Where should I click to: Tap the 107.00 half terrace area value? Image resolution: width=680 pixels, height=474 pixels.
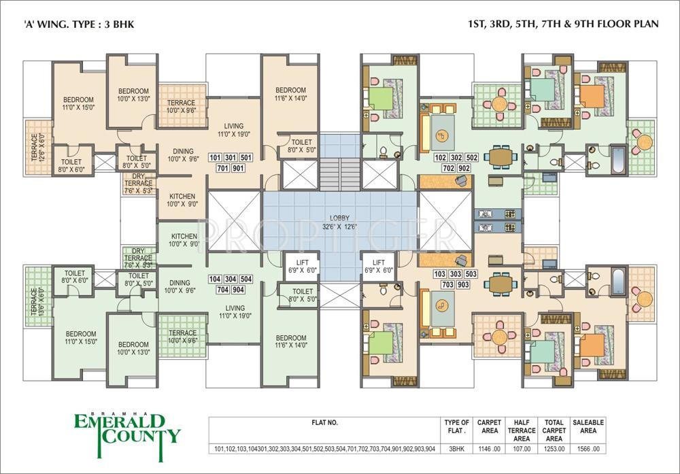(x=522, y=450)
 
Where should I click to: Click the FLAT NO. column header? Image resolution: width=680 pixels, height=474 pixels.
(x=324, y=423)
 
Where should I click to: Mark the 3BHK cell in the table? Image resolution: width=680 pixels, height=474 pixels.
(x=456, y=450)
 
